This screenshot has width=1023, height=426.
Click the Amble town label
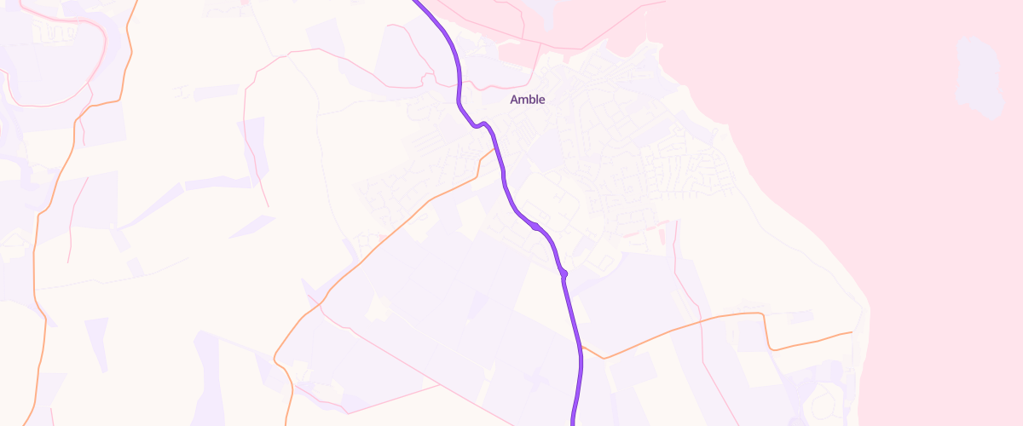[527, 100]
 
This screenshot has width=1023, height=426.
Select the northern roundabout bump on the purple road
[535, 227]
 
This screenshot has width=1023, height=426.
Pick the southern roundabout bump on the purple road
[564, 273]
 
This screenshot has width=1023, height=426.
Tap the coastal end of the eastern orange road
[852, 332]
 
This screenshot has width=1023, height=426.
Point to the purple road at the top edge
[418, 3]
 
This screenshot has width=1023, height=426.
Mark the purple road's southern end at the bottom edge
[572, 423]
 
